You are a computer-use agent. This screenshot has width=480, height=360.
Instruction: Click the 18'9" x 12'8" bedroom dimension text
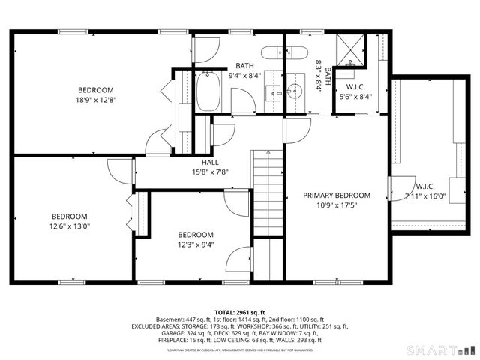(96, 100)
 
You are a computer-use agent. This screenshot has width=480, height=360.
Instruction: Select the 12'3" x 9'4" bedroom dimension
(196, 244)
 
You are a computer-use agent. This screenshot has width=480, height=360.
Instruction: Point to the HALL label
(210, 163)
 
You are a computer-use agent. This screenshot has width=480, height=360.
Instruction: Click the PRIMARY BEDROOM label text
(337, 195)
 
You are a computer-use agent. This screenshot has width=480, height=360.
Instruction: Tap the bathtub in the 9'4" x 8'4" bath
(208, 93)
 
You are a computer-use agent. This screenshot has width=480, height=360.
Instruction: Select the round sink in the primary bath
(295, 92)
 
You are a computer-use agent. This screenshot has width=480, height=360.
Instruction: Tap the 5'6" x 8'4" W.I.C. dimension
(355, 97)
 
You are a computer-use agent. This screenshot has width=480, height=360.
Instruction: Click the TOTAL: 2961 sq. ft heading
(239, 312)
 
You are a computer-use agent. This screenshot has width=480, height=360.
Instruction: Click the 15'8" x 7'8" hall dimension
(210, 172)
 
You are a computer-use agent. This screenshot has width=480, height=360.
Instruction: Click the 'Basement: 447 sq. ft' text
(178, 319)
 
